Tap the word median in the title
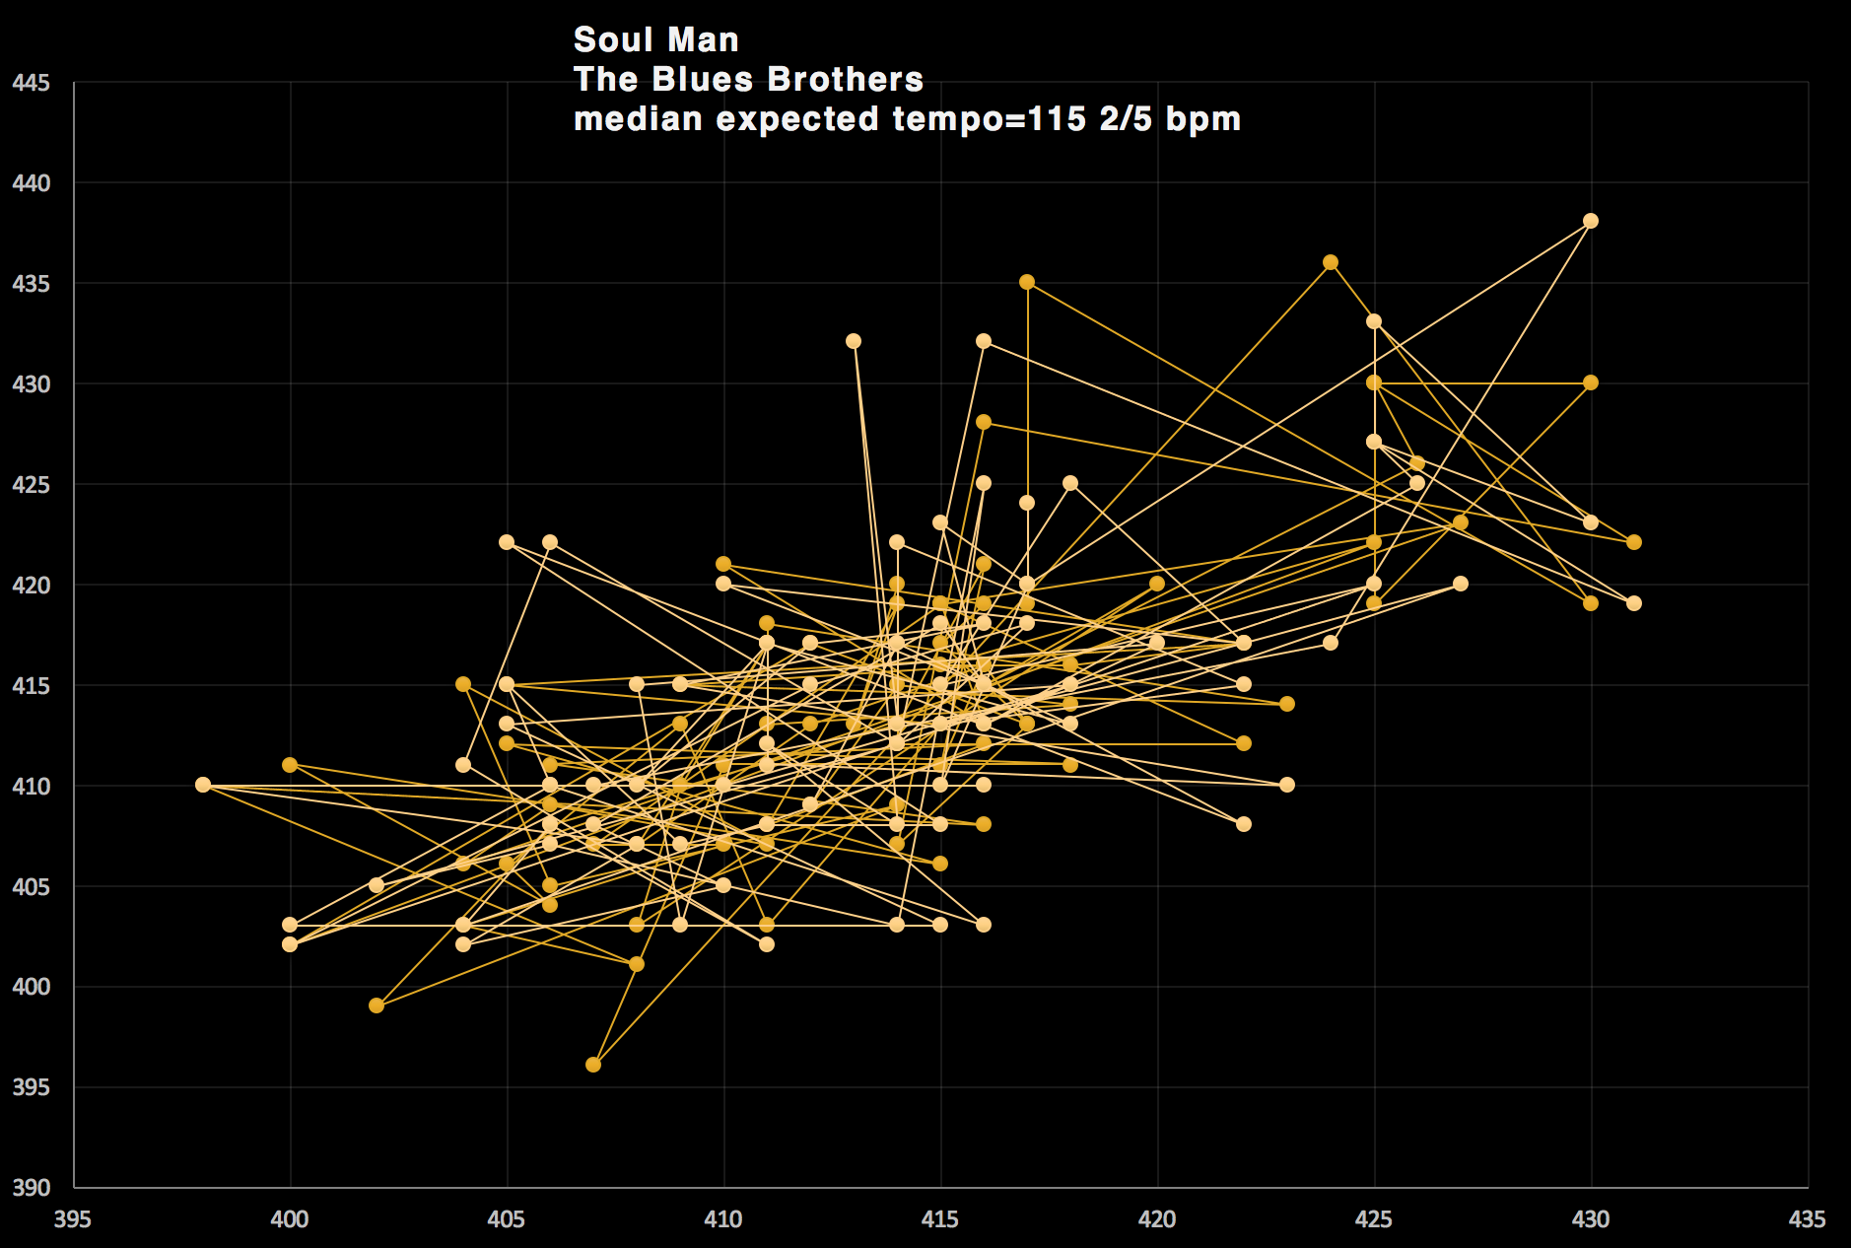639,119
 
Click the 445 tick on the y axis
31,83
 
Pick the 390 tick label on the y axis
31,1187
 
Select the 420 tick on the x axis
1156,1219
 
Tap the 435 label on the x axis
1807,1219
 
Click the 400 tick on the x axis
290,1219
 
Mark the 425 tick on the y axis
31,485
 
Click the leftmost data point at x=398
203,785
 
